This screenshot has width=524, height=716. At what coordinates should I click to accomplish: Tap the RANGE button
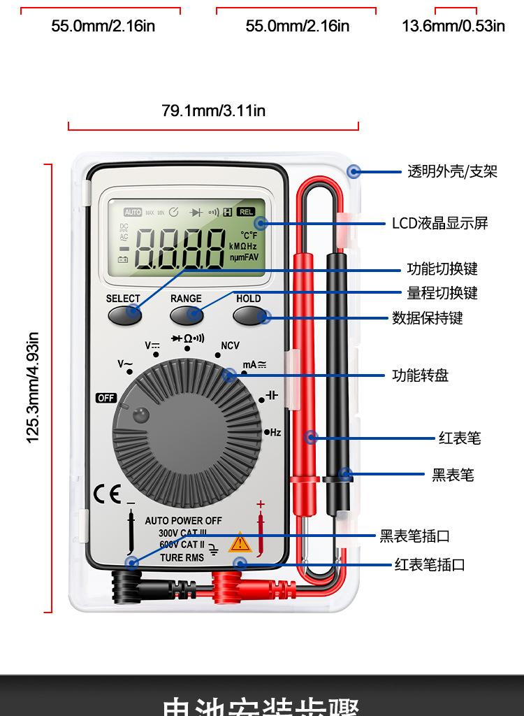(x=186, y=315)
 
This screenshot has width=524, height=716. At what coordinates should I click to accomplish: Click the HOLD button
(x=249, y=315)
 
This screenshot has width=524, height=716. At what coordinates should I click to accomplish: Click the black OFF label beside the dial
(x=105, y=398)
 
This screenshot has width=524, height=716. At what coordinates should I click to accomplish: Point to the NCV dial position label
(x=230, y=345)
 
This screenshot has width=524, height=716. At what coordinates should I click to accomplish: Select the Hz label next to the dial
(x=274, y=433)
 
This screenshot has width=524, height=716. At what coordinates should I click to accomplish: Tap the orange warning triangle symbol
(x=240, y=543)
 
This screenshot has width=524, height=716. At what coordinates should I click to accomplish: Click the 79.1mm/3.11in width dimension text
(x=213, y=110)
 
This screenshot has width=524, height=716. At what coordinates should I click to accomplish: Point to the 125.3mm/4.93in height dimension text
(x=32, y=388)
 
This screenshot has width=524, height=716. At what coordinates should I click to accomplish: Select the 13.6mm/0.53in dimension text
(x=453, y=27)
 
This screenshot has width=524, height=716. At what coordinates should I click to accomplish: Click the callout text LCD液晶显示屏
(x=439, y=224)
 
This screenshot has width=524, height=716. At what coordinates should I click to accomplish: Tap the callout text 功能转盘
(x=420, y=376)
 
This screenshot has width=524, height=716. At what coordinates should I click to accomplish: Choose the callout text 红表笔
(x=460, y=438)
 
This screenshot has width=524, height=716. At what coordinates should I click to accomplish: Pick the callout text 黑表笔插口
(x=414, y=536)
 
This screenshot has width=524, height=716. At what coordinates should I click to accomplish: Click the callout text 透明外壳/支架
(x=452, y=171)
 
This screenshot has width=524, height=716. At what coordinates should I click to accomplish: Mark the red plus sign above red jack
(x=261, y=504)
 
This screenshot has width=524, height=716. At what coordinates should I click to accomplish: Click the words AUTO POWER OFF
(x=183, y=521)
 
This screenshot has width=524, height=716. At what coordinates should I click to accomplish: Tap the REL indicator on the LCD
(x=246, y=212)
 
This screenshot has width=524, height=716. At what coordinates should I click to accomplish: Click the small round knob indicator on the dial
(x=141, y=415)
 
